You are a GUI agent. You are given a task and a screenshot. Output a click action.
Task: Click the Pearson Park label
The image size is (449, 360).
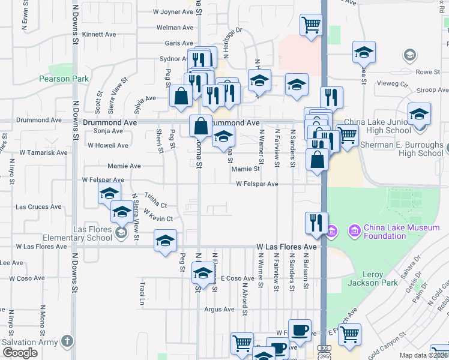click(64, 79)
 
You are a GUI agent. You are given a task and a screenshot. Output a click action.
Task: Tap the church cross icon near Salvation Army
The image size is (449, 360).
click(67, 341)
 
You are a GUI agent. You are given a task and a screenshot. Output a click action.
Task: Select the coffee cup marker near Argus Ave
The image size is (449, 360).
click(300, 331)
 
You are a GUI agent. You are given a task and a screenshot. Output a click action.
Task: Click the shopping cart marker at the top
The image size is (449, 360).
click(311, 26)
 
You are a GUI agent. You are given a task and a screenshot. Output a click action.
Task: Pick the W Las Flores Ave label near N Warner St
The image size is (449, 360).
click(286, 247)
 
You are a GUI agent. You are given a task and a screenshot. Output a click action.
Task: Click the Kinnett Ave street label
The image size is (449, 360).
click(98, 35)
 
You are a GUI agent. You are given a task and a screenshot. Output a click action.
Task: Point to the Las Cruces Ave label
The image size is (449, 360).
click(38, 207)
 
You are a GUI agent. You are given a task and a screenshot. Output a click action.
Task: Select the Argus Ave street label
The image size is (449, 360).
click(219, 310)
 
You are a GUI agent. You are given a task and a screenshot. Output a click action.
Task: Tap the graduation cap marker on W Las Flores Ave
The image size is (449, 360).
click(166, 241)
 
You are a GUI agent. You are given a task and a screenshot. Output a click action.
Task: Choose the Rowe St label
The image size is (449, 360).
click(427, 72)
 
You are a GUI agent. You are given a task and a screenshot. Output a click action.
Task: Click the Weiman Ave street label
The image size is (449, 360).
click(175, 28)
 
